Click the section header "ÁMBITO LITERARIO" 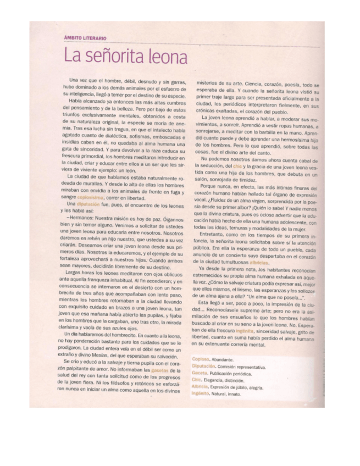(x=85, y=38)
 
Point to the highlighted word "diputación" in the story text (x=87, y=203)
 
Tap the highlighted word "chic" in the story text (x=237, y=165)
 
